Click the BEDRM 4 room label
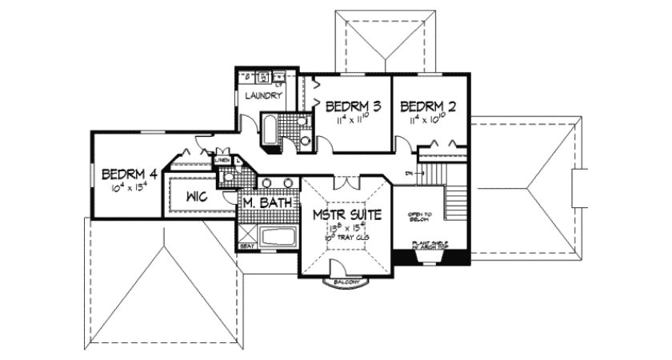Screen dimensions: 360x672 pyautogui.click(x=128, y=174)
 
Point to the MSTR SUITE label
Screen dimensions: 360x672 pyautogui.click(x=347, y=215)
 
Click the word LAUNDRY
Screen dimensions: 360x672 pyautogui.click(x=263, y=96)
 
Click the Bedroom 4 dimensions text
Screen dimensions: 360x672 pyautogui.click(x=128, y=189)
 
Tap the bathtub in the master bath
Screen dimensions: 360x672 pyautogui.click(x=276, y=237)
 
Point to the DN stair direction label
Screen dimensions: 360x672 pyautogui.click(x=408, y=171)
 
